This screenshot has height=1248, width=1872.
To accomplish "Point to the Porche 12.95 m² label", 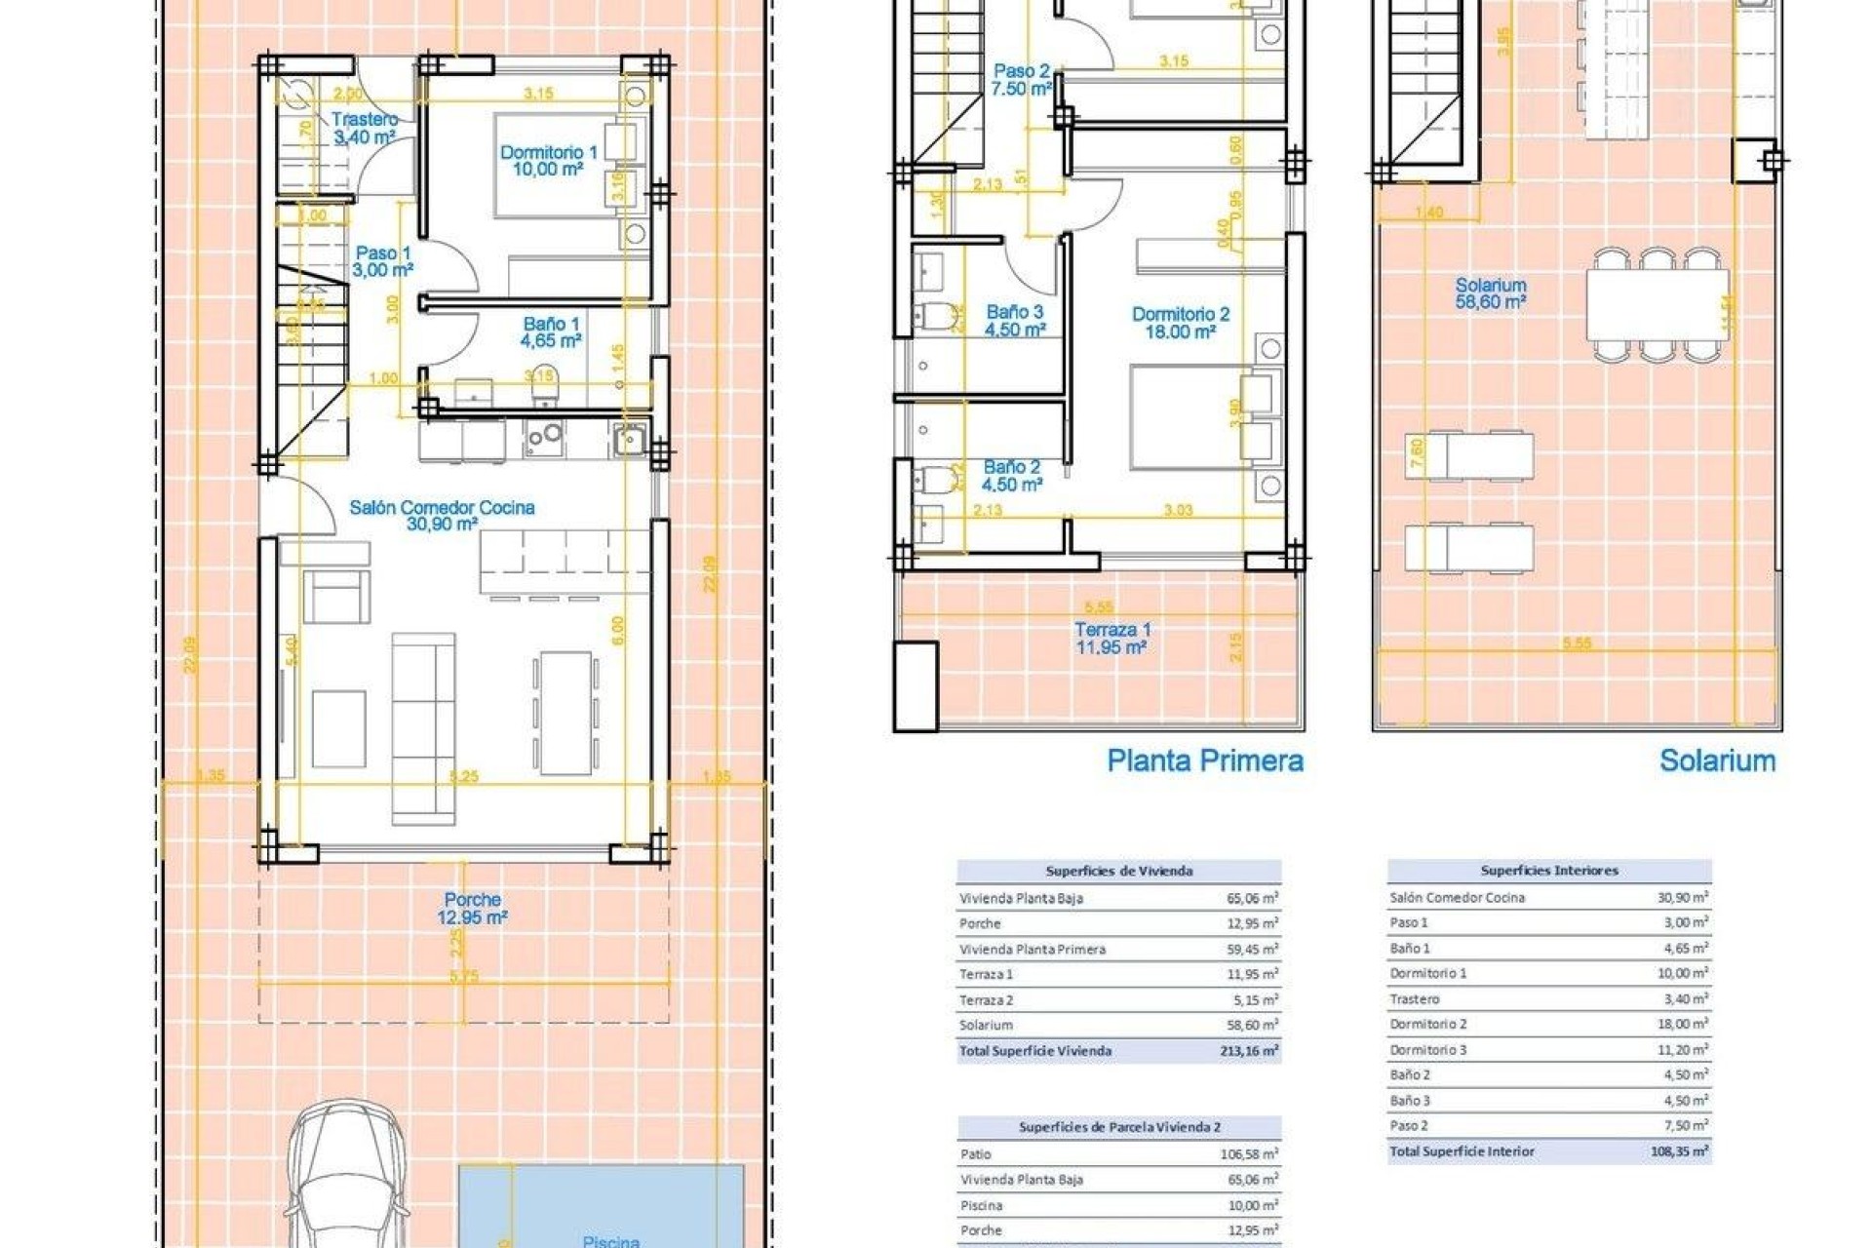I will pyautogui.click(x=472, y=908).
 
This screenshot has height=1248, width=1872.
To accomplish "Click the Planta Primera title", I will pyautogui.click(x=1204, y=760).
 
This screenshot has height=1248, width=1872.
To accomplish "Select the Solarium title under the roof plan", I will pyautogui.click(x=1717, y=760).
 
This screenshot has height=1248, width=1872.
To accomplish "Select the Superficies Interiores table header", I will pyautogui.click(x=1548, y=871).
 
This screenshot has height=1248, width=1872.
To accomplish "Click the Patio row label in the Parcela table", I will pyautogui.click(x=975, y=1154).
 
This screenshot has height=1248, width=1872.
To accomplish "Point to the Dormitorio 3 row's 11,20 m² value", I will pyautogui.click(x=1683, y=1050).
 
